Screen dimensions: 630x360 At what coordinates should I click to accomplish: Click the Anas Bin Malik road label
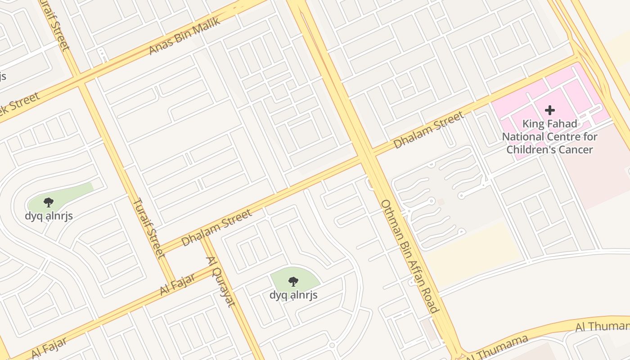pos(184,36)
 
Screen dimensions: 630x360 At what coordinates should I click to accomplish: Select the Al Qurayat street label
pos(220,281)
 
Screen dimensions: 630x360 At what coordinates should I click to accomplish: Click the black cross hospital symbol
pos(549,110)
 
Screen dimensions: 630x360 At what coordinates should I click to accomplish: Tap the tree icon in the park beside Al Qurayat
pos(293,282)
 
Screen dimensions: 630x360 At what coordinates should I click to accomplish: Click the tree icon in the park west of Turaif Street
pos(49,202)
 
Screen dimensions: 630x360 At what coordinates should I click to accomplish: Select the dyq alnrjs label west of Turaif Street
pos(49,216)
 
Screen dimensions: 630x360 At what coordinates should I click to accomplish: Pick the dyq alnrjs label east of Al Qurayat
pos(293,295)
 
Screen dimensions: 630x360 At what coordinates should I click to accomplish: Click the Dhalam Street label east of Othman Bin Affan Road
pos(428,130)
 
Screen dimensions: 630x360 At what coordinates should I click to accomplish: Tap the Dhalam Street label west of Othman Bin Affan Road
pos(217,228)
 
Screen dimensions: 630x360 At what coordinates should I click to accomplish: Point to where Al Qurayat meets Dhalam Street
pos(203,237)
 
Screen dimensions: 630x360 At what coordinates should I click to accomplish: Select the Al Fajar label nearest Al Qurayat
pos(177,284)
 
